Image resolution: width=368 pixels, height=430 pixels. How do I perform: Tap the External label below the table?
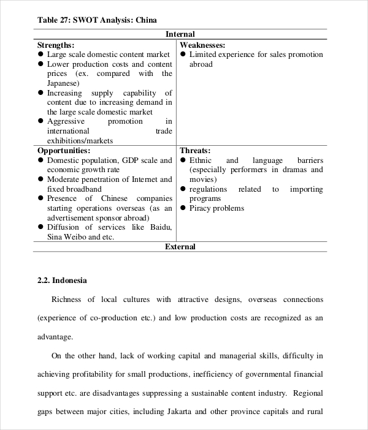[x=180, y=247]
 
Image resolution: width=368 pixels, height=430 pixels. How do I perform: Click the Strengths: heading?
[x=56, y=45]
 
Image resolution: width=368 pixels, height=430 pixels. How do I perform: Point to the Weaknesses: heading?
[x=202, y=45]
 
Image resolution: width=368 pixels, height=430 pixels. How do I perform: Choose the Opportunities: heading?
[x=64, y=151]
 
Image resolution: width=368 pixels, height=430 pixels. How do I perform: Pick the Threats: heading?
[x=195, y=151]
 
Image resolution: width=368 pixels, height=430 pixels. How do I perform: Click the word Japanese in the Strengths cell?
[x=63, y=83]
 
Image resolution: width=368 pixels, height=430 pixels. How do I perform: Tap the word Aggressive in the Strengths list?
[x=67, y=121]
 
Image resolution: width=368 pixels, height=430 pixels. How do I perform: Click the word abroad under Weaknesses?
[x=201, y=64]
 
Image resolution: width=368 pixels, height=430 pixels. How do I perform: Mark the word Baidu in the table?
[x=160, y=227]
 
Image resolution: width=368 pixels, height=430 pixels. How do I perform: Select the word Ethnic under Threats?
[x=201, y=160]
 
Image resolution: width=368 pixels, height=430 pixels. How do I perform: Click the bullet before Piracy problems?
[x=183, y=208]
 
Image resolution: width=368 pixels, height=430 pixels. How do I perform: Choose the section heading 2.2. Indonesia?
[x=62, y=281]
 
